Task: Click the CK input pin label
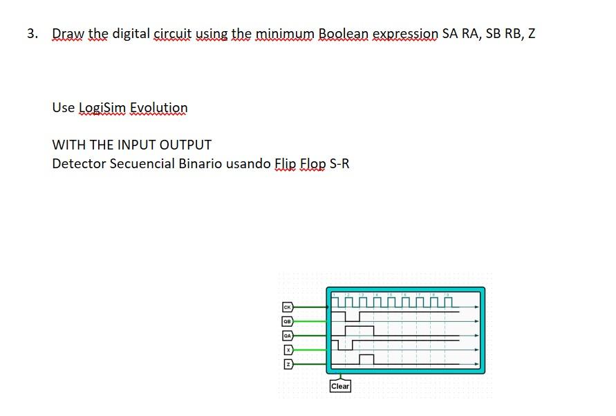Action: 286,306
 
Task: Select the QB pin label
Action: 286,321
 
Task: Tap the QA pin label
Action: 286,335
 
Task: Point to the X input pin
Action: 288,350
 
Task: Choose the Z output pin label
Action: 288,364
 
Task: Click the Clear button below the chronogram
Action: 340,386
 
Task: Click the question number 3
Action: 32,33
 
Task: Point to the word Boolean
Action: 344,33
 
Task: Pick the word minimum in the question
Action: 285,33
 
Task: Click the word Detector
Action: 79,164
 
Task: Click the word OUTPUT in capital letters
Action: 185,145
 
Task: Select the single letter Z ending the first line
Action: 531,33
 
